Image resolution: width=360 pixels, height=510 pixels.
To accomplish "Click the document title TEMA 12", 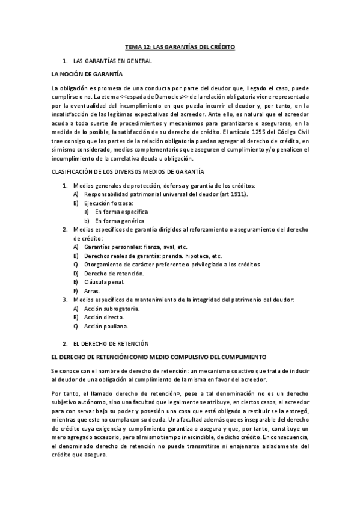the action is (x=180, y=46).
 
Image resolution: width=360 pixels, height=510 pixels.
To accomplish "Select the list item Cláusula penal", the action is (x=104, y=281).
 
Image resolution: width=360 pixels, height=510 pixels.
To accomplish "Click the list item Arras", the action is (x=92, y=290).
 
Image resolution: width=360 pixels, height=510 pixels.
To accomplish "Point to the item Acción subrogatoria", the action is (x=112, y=308).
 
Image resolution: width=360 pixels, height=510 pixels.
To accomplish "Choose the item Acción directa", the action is (x=105, y=317).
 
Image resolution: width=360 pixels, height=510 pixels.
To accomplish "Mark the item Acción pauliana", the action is (x=106, y=326).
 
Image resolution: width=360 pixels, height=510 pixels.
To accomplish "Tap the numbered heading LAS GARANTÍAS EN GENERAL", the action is (x=112, y=61).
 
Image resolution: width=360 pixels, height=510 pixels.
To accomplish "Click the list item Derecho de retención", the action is (x=114, y=273).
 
